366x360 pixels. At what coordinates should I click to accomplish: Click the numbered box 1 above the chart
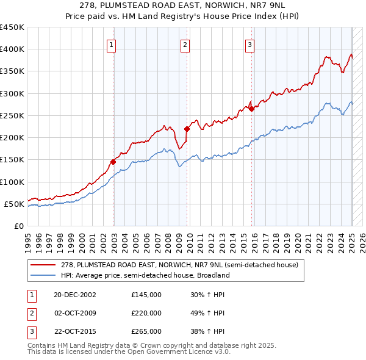point(113,44)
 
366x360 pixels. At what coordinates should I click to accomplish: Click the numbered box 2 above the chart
point(185,44)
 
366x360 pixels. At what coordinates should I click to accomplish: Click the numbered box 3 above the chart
point(250,44)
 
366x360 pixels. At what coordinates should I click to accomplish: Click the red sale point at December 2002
point(113,162)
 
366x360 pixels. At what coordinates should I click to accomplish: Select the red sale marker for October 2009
point(187,129)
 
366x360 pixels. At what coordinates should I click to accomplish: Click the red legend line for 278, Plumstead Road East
point(43,265)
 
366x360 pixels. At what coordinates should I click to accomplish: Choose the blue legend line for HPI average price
point(43,275)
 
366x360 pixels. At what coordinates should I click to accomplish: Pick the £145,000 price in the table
point(146,295)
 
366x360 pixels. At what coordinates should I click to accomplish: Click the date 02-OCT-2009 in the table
point(75,313)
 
